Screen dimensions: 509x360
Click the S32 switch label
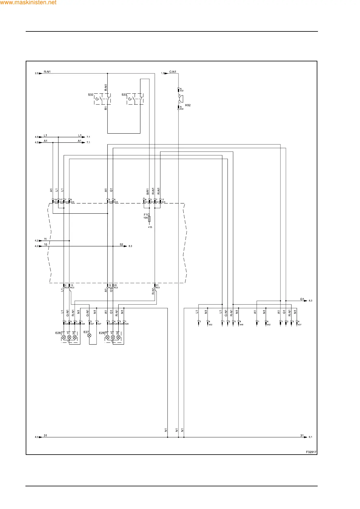[x=91, y=95]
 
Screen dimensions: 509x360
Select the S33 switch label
[x=124, y=95]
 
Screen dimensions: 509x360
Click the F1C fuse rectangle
[x=149, y=219]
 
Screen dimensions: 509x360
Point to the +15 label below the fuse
[x=150, y=227]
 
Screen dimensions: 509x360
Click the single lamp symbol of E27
[x=89, y=336]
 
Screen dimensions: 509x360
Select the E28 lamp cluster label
[x=58, y=333]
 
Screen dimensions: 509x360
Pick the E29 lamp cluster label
[x=102, y=333]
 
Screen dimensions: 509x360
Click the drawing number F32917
[x=311, y=452]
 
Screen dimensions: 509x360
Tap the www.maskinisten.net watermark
[x=28, y=2]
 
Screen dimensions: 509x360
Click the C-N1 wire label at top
[x=173, y=72]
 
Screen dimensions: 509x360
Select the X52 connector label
[x=211, y=325]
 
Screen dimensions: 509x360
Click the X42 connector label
[x=269, y=325]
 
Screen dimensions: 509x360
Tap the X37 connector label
[x=299, y=325]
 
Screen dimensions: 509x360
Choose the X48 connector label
[x=241, y=325]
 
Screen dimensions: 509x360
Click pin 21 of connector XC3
[x=155, y=285]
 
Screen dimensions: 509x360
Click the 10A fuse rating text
[x=146, y=218]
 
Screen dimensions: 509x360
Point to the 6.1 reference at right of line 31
[x=310, y=437]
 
